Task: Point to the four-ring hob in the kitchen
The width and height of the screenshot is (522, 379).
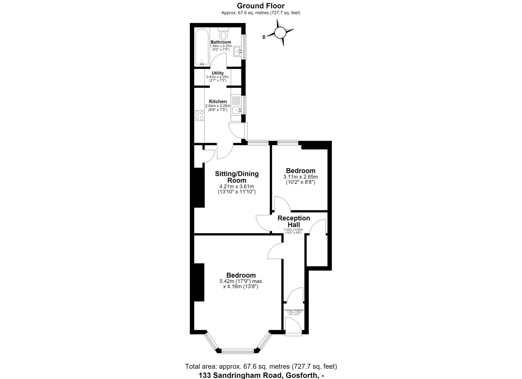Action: click(x=199, y=115)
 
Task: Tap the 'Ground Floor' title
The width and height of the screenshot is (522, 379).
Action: click(x=261, y=6)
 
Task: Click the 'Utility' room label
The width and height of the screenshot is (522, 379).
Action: click(x=217, y=73)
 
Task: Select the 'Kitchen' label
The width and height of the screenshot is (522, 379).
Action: click(x=218, y=102)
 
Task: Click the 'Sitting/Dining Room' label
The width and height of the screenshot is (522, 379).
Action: click(x=237, y=177)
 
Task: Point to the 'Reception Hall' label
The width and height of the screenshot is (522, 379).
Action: click(x=294, y=222)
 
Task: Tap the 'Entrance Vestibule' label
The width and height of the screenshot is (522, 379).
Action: click(x=294, y=310)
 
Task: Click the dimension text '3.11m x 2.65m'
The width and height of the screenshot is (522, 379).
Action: click(x=300, y=177)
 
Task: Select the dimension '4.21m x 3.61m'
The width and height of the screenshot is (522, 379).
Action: click(x=237, y=187)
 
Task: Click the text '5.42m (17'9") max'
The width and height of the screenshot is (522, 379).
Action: click(x=241, y=281)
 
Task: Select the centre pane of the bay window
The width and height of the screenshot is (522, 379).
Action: click(x=238, y=352)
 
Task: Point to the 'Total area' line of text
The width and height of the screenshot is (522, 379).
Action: click(x=261, y=367)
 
